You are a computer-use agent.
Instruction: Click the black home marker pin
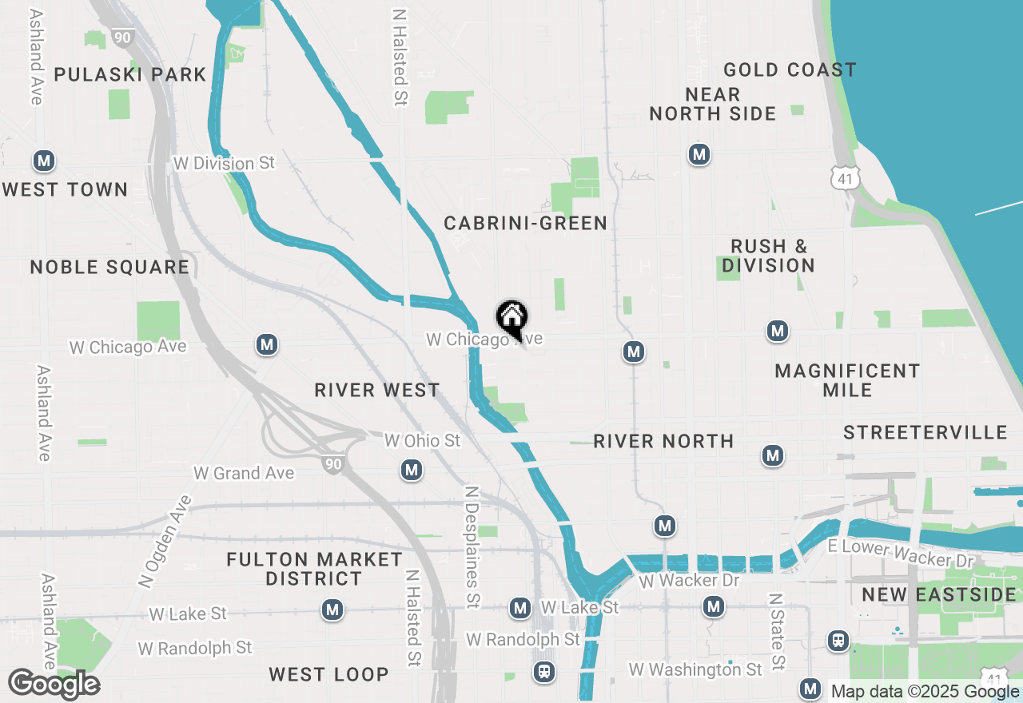tap(511, 318)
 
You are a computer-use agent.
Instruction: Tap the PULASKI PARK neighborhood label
tap(129, 75)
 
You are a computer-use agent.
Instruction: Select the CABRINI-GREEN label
tap(526, 223)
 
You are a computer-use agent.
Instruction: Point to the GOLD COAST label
tap(790, 70)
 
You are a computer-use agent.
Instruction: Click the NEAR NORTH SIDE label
tap(712, 105)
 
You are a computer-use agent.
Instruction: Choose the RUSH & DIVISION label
tap(768, 256)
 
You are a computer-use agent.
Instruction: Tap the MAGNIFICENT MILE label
tap(847, 380)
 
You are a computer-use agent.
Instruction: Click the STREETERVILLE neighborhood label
tap(925, 433)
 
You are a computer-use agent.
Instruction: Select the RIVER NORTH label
tap(663, 441)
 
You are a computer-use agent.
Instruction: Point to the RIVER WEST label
tap(377, 390)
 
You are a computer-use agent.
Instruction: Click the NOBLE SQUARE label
tap(110, 267)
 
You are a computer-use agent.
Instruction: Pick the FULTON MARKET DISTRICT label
tap(314, 569)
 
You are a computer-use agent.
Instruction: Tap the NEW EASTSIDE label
tap(939, 594)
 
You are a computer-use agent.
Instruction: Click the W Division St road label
tap(224, 163)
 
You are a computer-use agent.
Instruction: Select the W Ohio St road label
tap(422, 441)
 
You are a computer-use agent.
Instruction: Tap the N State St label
tap(776, 631)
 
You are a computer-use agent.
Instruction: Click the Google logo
tap(54, 685)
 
